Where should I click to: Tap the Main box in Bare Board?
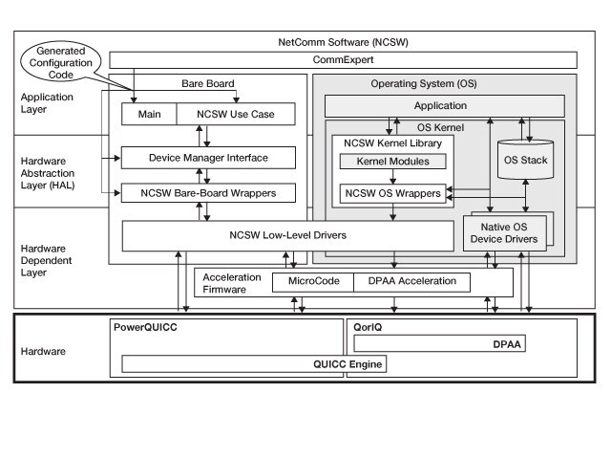click(x=149, y=114)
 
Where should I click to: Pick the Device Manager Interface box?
click(x=208, y=157)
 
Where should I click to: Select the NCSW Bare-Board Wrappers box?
click(x=208, y=192)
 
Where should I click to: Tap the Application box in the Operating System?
click(x=440, y=105)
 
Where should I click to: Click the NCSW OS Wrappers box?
click(x=391, y=193)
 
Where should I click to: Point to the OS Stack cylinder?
click(x=525, y=161)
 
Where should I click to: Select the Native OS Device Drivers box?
click(x=506, y=232)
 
